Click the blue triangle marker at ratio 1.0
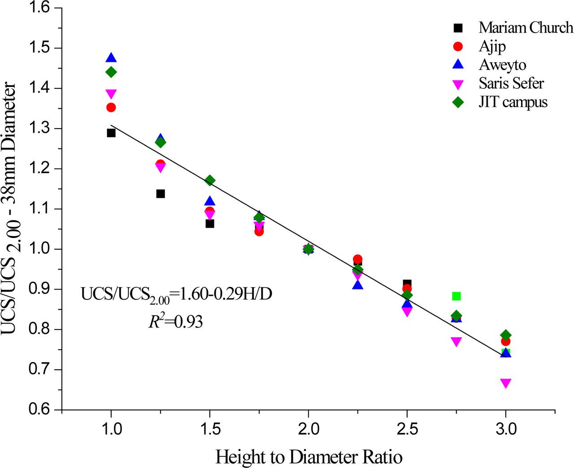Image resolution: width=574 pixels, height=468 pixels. (111, 58)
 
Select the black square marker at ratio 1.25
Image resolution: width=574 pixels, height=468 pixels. (161, 194)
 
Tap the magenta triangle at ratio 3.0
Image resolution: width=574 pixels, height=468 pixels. (505, 383)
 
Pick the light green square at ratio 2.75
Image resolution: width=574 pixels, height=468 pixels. (456, 296)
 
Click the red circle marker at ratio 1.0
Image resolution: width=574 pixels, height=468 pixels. (111, 107)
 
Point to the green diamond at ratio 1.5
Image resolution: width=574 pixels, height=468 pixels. (209, 180)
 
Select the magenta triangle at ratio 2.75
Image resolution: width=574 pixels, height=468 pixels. (456, 342)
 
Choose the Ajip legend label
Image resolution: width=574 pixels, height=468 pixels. (492, 46)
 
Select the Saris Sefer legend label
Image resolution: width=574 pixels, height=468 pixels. (511, 83)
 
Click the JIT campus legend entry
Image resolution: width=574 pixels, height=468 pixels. (513, 102)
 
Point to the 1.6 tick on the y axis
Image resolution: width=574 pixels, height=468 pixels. (40, 8)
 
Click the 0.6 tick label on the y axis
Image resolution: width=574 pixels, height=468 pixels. (40, 410)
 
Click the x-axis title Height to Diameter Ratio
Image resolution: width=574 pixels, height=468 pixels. (309, 457)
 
